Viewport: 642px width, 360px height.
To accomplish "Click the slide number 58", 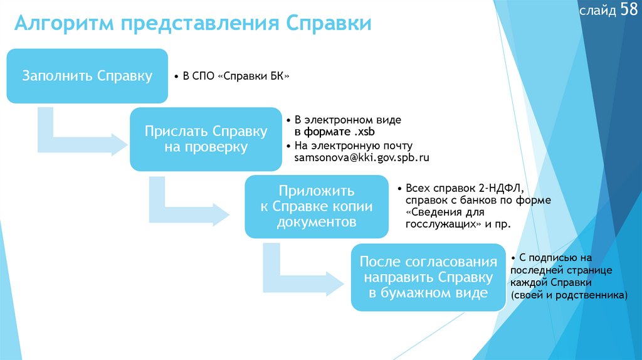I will [629, 11].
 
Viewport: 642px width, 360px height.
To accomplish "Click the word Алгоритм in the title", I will [63, 24].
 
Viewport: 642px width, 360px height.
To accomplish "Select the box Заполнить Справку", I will [87, 76].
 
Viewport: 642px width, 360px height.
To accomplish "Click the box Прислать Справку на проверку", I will [206, 139].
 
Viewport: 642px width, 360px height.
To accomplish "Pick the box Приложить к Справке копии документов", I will [316, 206].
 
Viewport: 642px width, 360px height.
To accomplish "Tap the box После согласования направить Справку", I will [429, 277].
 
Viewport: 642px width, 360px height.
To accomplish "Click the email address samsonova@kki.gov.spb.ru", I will [362, 158].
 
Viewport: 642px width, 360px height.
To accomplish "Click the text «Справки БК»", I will [253, 77].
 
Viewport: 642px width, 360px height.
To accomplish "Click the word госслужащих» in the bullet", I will [439, 224].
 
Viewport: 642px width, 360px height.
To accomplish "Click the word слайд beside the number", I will [597, 12].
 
